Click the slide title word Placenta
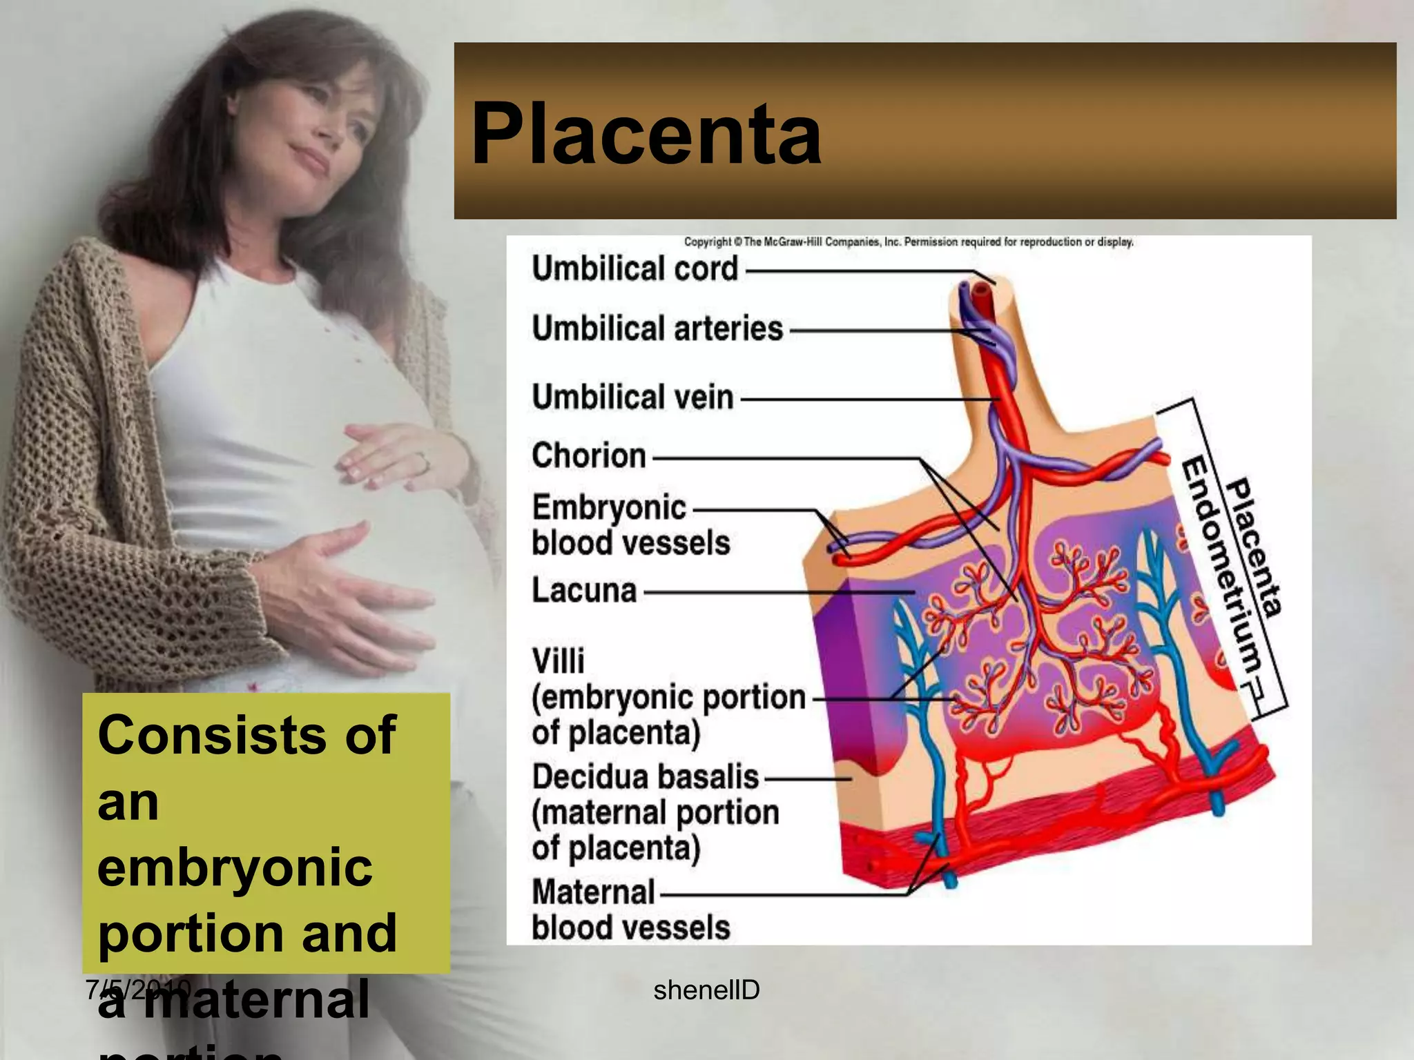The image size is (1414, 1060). (646, 134)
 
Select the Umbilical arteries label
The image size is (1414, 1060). (657, 329)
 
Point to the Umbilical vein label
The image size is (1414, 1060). (632, 397)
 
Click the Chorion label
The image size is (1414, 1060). (589, 456)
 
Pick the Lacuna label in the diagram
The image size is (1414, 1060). (584, 591)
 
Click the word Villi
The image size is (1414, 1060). (558, 661)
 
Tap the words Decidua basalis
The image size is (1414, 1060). (646, 777)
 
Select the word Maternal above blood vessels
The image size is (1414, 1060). (593, 892)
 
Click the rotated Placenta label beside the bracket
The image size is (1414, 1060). (1254, 545)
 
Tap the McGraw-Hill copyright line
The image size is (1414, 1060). (909, 242)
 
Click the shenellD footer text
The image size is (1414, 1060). (706, 990)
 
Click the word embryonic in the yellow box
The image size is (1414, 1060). (235, 867)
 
